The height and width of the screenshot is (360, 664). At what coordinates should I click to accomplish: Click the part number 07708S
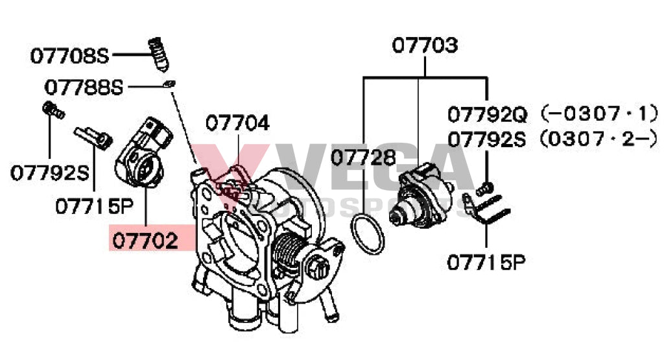coord(71,56)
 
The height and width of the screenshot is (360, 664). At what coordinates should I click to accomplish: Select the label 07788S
coord(84,86)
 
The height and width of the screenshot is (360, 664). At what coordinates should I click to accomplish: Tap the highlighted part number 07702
coord(144,241)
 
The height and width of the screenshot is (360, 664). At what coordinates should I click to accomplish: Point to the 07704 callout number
coord(238,123)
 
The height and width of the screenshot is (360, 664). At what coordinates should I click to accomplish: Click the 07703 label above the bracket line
coord(425,45)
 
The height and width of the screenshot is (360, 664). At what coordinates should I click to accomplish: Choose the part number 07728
coord(362,157)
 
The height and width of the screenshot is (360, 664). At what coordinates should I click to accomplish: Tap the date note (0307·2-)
coord(595,139)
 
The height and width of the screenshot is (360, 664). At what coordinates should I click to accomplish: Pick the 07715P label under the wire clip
coord(485,262)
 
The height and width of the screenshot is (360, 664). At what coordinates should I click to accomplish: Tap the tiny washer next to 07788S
coord(170,84)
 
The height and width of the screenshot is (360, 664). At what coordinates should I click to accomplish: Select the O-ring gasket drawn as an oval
coord(367,235)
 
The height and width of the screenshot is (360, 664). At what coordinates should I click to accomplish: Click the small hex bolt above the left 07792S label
coord(51,111)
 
